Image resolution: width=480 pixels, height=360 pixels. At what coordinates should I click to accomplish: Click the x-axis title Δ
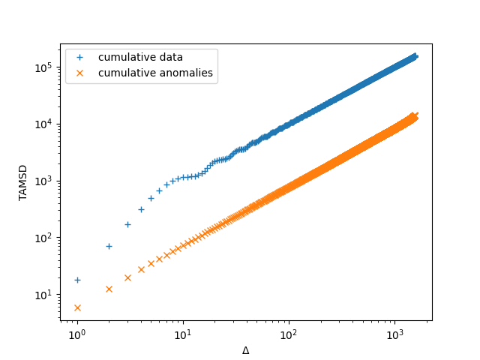coord(245,350)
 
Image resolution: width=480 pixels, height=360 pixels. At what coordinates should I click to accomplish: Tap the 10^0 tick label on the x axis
coord(76,334)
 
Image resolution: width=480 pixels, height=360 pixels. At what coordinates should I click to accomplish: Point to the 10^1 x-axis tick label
coord(182,334)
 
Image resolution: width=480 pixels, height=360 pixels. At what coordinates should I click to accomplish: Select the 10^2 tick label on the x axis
coord(288,334)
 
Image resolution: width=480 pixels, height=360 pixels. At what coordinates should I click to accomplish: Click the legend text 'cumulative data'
coord(140,58)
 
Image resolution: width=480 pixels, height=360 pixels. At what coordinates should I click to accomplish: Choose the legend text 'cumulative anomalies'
coord(155,73)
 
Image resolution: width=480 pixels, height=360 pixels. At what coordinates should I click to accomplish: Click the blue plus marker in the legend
coord(81,58)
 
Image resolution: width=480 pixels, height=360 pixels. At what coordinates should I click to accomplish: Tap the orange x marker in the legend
coord(81,73)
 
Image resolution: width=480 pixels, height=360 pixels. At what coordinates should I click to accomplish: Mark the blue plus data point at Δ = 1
coord(77,280)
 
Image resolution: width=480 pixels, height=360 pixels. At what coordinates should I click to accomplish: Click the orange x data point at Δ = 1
coord(77,307)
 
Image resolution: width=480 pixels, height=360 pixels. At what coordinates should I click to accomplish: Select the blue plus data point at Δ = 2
coord(109,246)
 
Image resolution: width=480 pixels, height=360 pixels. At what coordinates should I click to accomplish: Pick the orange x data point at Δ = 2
coord(109,289)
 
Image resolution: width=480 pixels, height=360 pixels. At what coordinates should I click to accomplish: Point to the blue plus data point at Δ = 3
coord(127,224)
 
